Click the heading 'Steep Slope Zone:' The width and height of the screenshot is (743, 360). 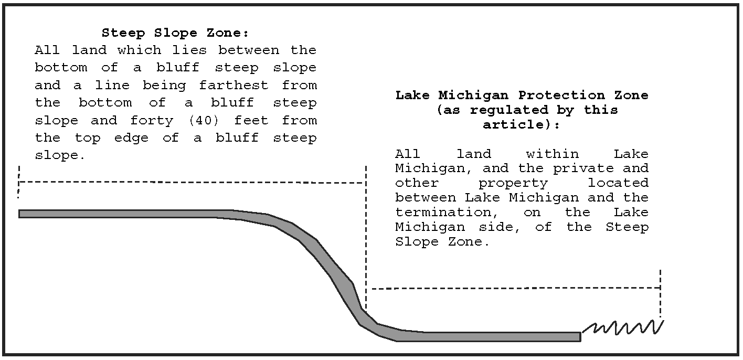pos(175,33)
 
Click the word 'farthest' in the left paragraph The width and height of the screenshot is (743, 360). pos(233,85)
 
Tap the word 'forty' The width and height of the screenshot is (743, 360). pos(152,120)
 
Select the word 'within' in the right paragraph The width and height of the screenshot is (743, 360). pos(552,154)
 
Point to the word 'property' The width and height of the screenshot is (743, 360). pos(513,183)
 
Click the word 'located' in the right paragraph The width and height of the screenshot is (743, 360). pos(618,183)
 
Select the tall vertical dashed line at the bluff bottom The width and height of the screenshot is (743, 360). pos(366,236)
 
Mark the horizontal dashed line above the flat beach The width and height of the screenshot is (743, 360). pos(514,288)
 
